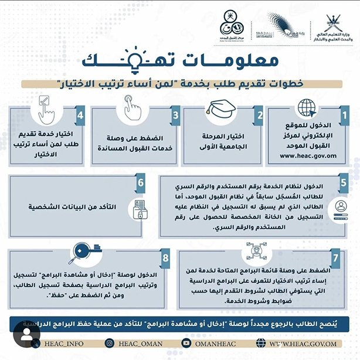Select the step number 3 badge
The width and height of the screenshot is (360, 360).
pos(175,115)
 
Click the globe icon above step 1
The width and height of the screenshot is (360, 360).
pos(306,108)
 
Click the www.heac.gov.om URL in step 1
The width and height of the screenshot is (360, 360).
pos(308,156)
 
